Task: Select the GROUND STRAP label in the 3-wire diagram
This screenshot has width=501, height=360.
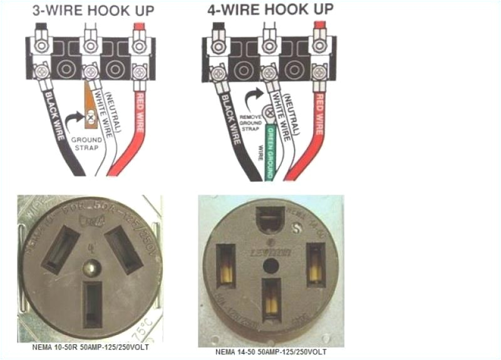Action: (x=89, y=143)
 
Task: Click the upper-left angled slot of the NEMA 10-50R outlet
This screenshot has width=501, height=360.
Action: (x=60, y=249)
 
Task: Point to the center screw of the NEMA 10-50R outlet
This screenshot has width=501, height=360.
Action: (x=92, y=269)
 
